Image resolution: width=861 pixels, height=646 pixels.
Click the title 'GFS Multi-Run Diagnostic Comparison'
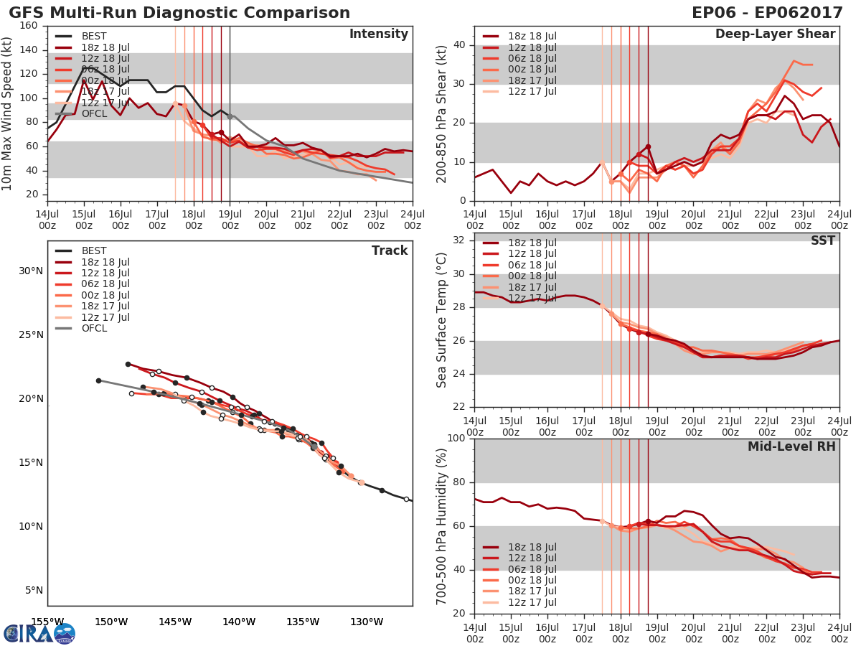[x=179, y=13]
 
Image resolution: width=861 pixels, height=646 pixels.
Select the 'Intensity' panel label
[x=378, y=34]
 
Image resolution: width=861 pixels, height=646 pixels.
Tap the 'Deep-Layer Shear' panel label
[x=775, y=34]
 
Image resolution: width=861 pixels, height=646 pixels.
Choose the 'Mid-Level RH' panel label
[x=791, y=446]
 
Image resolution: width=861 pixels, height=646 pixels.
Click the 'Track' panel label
[x=390, y=251]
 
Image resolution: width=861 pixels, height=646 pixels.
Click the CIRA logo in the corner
[x=39, y=633]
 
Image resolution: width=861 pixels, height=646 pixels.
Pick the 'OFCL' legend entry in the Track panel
[x=94, y=328]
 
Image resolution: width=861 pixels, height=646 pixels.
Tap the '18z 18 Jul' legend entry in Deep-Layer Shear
[x=532, y=36]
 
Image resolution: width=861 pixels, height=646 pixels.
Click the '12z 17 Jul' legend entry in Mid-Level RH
[x=532, y=602]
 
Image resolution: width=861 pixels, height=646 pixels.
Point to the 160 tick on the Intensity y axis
[x=29, y=25]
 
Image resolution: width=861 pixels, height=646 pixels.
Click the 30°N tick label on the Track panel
[x=30, y=271]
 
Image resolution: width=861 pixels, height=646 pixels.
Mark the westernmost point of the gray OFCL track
[x=98, y=380]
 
